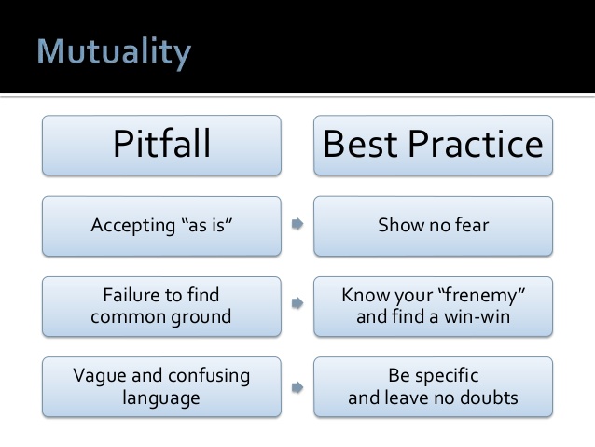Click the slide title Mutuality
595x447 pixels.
114,52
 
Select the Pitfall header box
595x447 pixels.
161,145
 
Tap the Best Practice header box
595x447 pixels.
433,145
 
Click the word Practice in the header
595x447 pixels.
476,145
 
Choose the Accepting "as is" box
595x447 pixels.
161,226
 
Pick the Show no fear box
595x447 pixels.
433,226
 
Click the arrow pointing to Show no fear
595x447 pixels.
297,224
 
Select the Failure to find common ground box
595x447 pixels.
161,306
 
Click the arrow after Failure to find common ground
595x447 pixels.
297,303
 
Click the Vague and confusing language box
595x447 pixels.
161,387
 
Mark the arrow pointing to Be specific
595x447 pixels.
297,387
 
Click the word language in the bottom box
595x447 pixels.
161,398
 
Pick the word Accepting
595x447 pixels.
132,226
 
